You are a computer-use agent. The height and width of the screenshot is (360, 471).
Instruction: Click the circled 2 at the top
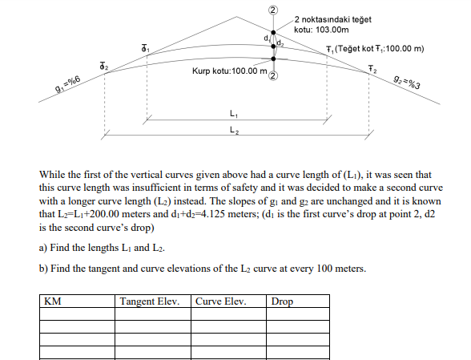(272, 10)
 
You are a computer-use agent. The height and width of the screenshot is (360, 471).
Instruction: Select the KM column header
(54, 302)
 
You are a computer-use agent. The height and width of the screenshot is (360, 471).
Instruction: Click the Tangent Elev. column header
(152, 302)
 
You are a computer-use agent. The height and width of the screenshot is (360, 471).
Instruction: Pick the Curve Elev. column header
(220, 302)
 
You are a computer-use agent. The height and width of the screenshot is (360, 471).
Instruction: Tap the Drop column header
(283, 302)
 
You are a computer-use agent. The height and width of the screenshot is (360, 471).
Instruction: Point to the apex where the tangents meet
(272, 18)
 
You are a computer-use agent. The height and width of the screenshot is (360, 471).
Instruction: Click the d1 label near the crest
(266, 38)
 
